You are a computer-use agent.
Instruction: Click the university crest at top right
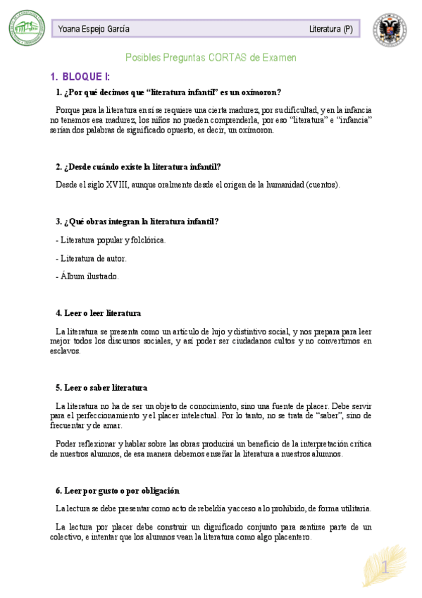(390, 29)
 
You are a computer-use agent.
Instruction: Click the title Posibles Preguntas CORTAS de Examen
(211, 57)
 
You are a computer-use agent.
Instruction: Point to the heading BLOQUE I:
(85, 76)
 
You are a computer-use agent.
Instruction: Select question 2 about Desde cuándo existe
(138, 167)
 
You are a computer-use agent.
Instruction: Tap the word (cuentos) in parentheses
(323, 185)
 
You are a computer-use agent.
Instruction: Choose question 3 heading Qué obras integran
(137, 221)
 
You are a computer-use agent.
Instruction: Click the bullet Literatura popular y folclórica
(110, 240)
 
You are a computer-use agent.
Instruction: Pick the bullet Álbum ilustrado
(87, 276)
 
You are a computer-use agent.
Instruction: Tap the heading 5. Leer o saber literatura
(101, 388)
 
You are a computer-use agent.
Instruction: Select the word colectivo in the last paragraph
(68, 537)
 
